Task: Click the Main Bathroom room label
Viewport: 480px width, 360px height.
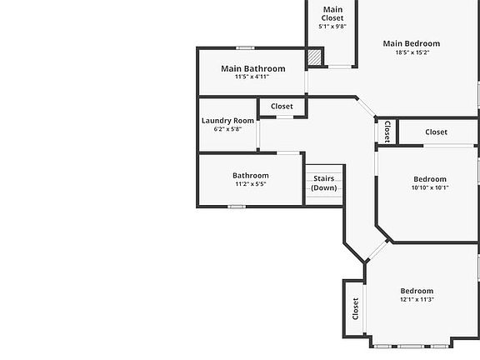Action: (x=253, y=68)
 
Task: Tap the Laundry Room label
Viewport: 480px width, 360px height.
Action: (x=227, y=121)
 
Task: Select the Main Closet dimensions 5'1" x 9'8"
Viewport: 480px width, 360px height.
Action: (x=332, y=27)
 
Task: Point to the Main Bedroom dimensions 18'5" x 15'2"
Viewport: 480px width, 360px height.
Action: (x=412, y=52)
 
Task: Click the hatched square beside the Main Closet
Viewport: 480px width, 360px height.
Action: (x=314, y=57)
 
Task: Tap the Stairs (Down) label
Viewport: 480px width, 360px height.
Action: (x=324, y=183)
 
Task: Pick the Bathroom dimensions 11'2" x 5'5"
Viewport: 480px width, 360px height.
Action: (x=251, y=184)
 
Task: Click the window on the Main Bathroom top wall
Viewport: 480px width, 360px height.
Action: (x=245, y=48)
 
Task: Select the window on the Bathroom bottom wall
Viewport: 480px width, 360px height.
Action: (x=237, y=207)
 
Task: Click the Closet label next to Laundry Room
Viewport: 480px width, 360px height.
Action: (x=282, y=107)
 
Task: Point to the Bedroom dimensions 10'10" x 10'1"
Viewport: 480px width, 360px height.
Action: (x=430, y=187)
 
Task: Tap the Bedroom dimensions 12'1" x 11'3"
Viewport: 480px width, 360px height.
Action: (x=417, y=299)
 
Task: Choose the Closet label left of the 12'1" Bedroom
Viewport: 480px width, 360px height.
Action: (x=355, y=308)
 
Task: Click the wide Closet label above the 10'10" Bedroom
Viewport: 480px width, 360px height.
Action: (x=436, y=132)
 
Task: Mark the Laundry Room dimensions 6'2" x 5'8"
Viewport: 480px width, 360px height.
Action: (x=227, y=129)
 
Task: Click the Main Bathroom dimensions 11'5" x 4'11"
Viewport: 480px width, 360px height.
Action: (x=252, y=77)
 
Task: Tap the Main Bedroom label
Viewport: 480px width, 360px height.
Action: (x=412, y=44)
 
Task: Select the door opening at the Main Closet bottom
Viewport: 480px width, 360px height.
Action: (x=340, y=67)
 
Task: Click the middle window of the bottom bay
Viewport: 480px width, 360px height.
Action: (x=411, y=347)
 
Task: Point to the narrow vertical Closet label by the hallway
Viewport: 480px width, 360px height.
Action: (x=387, y=132)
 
